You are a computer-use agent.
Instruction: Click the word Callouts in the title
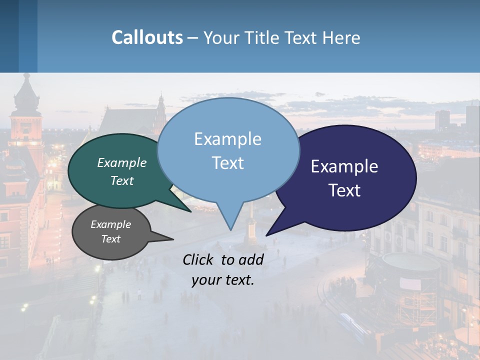click(x=147, y=37)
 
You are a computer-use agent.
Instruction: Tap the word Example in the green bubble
click(x=122, y=163)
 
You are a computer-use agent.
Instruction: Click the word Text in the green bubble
click(x=122, y=181)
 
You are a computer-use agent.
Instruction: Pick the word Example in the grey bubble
click(x=111, y=224)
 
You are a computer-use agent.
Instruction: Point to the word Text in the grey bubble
click(x=111, y=239)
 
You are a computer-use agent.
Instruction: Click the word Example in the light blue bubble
click(x=228, y=139)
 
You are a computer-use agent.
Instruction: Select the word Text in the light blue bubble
click(x=228, y=163)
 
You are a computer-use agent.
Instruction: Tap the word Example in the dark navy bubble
click(x=344, y=166)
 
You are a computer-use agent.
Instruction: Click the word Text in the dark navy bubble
click(x=344, y=190)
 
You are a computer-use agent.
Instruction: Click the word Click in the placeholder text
click(x=199, y=259)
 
